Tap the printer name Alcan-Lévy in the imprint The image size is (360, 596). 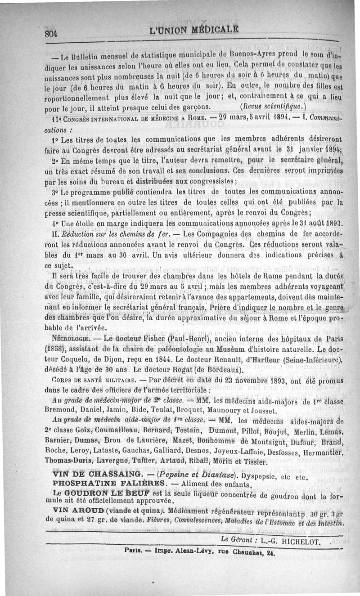184,552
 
